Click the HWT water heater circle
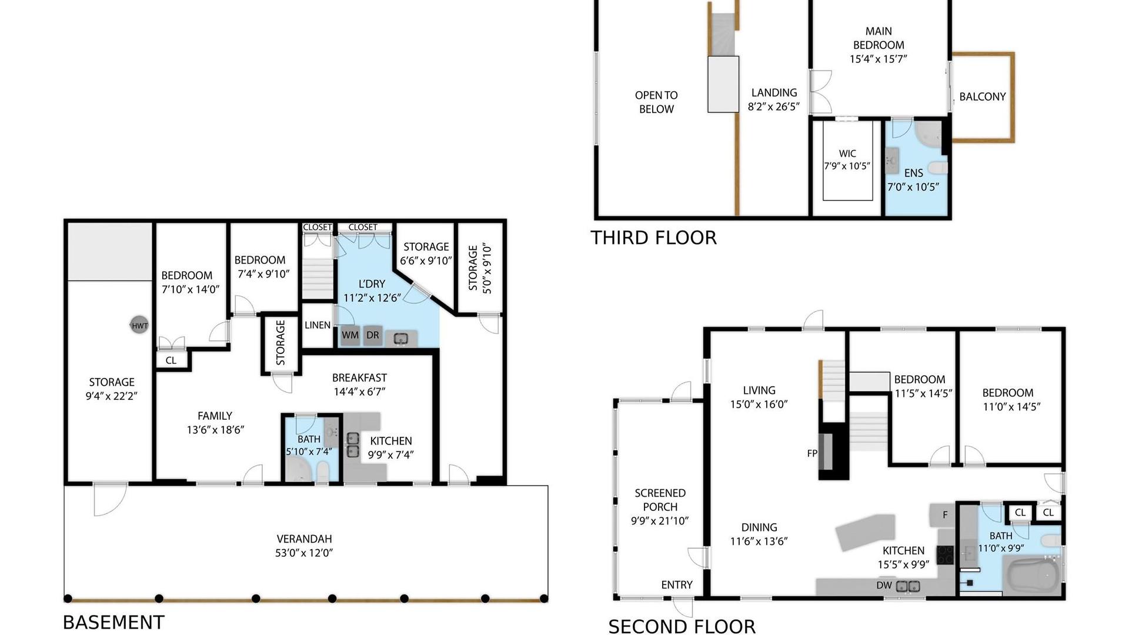click(139, 325)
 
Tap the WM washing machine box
click(350, 336)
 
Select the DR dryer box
click(373, 335)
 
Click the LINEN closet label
click(318, 325)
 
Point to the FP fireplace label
click(812, 453)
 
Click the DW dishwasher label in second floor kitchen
click(884, 585)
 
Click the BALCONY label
click(983, 96)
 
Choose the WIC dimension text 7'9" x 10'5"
click(847, 166)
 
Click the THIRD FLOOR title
click(653, 238)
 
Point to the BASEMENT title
click(113, 622)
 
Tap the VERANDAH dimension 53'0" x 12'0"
click(304, 553)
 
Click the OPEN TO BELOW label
click(656, 102)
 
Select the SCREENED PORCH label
click(660, 500)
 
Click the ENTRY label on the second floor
click(677, 585)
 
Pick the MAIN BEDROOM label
click(879, 38)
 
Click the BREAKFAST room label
click(359, 377)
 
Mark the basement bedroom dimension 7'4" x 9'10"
click(263, 274)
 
